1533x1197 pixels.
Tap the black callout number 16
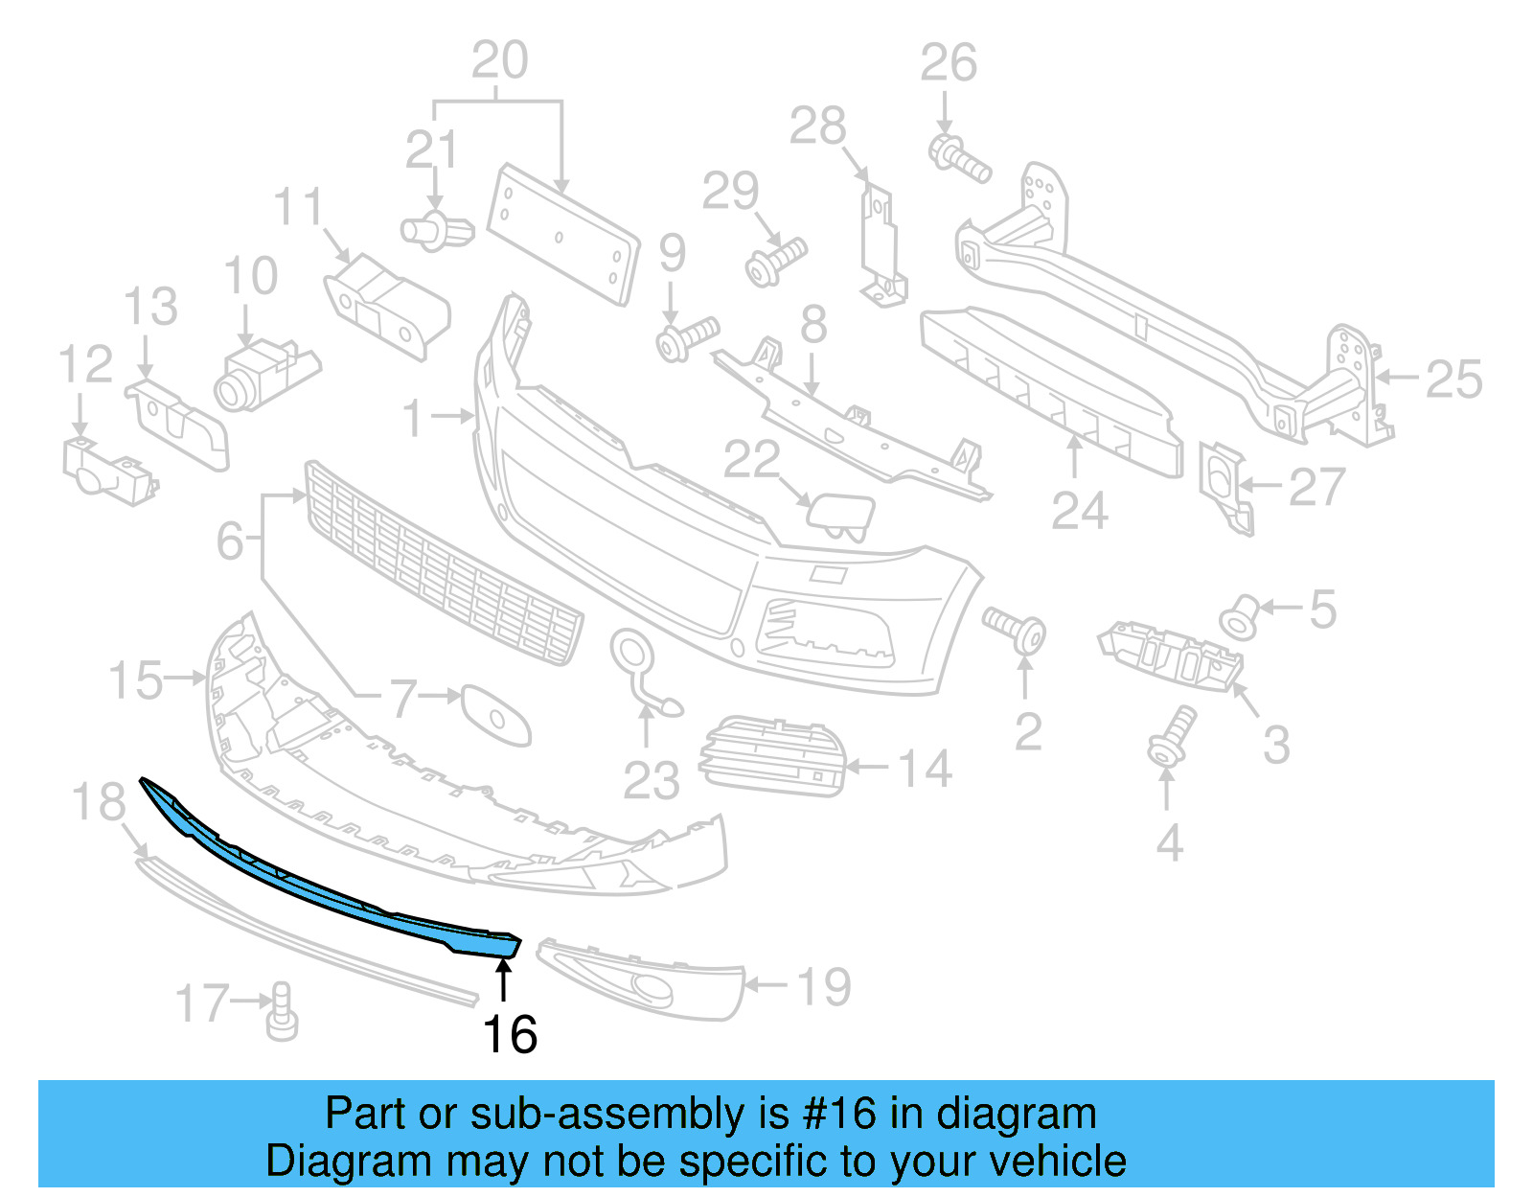[510, 1035]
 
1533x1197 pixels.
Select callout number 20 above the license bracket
[499, 61]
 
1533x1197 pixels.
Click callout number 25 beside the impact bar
[1453, 380]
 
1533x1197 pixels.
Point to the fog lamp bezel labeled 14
[774, 757]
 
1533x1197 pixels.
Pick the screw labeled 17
[282, 1012]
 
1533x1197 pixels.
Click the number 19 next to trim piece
[824, 986]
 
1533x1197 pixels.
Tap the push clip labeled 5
[1240, 616]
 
